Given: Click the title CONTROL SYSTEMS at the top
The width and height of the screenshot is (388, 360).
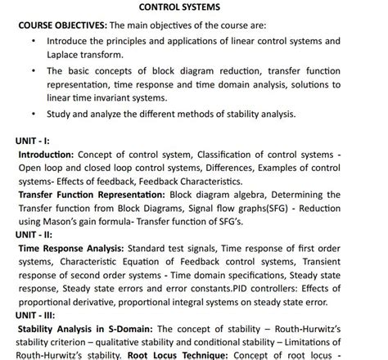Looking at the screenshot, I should (194, 8).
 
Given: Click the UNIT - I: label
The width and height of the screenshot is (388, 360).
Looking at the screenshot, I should (35, 141).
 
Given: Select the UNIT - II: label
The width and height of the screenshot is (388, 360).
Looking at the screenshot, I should (37, 234).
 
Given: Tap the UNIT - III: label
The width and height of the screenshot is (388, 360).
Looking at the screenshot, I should (38, 313).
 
